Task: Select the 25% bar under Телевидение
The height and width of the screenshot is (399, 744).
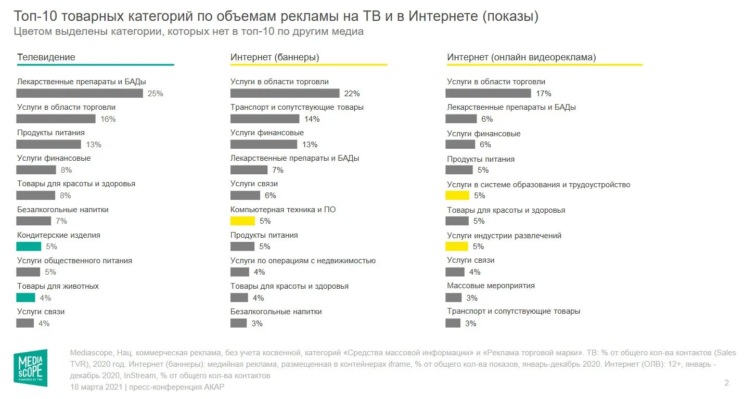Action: (x=79, y=94)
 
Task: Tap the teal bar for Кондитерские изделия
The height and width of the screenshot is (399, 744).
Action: (x=29, y=247)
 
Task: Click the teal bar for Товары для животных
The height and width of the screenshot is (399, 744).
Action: (x=25, y=298)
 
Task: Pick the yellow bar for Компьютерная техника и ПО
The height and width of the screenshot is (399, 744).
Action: (x=242, y=221)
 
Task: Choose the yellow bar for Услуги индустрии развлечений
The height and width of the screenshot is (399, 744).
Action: (x=457, y=247)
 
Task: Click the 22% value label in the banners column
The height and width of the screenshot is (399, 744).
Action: (x=352, y=94)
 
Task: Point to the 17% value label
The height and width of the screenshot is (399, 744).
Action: (x=543, y=94)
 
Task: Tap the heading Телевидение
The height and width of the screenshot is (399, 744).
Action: (x=46, y=57)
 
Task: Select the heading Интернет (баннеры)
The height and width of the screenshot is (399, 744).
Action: (x=275, y=57)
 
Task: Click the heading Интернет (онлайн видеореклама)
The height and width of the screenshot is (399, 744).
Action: (x=521, y=57)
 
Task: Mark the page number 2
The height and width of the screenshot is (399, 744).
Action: (x=726, y=383)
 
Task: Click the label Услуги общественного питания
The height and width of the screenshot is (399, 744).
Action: (x=74, y=261)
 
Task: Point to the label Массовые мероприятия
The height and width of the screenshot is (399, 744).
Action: (x=491, y=286)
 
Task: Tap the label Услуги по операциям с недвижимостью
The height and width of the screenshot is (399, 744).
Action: (x=303, y=261)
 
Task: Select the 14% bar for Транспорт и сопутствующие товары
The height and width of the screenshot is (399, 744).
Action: (x=265, y=119)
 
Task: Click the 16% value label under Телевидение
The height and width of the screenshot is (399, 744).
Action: (x=108, y=119)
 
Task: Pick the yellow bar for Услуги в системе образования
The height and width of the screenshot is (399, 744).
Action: (x=457, y=196)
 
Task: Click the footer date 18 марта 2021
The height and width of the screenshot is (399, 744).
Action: (x=96, y=387)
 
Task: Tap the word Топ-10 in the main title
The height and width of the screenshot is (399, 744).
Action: (x=32, y=17)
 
